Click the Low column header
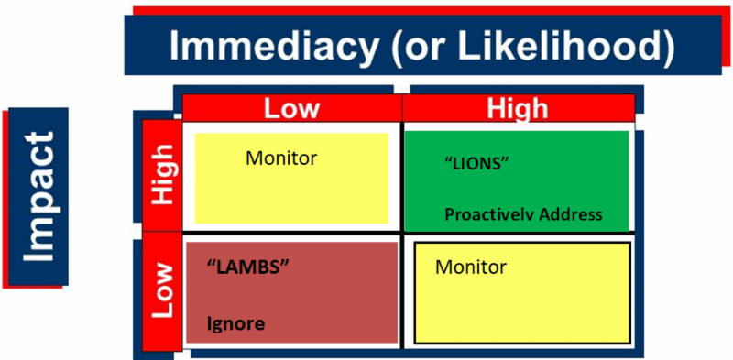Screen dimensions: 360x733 coord(292,108)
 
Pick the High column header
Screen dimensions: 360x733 coord(518,108)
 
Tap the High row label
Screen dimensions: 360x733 coord(161,175)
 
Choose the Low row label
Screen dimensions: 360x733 coord(161,291)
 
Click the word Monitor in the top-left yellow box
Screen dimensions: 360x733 coord(281,158)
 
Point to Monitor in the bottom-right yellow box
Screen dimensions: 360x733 coord(471,267)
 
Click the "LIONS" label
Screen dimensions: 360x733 coord(476,163)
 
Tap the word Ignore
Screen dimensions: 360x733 coord(235,323)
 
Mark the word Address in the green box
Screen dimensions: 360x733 coord(571,215)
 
